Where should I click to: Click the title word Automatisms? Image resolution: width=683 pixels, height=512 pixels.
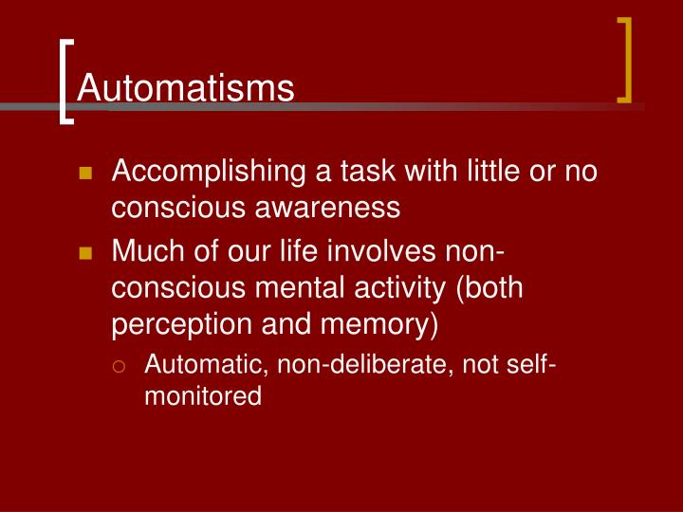[186, 88]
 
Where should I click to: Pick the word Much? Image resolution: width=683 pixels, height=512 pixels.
[145, 254]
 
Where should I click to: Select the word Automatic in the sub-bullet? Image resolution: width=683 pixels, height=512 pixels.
[197, 364]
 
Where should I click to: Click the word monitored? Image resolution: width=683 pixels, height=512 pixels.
[202, 395]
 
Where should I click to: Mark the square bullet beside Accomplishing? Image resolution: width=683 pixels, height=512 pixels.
[85, 174]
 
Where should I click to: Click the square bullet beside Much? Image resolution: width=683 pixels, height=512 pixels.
[85, 254]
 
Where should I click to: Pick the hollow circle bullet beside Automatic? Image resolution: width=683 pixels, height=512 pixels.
[118, 365]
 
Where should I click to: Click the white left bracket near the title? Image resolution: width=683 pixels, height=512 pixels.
[65, 81]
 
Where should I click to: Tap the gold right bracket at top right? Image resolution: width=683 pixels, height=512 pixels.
[625, 59]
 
